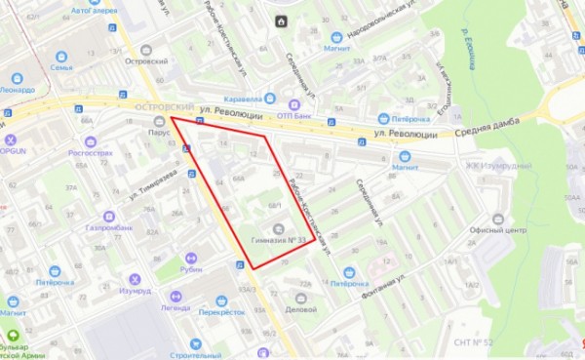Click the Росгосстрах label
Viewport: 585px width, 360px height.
click(x=86, y=153)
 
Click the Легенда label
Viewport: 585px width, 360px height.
click(x=175, y=306)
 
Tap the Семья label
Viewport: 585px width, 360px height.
click(x=61, y=67)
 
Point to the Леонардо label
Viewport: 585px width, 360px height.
click(x=17, y=89)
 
